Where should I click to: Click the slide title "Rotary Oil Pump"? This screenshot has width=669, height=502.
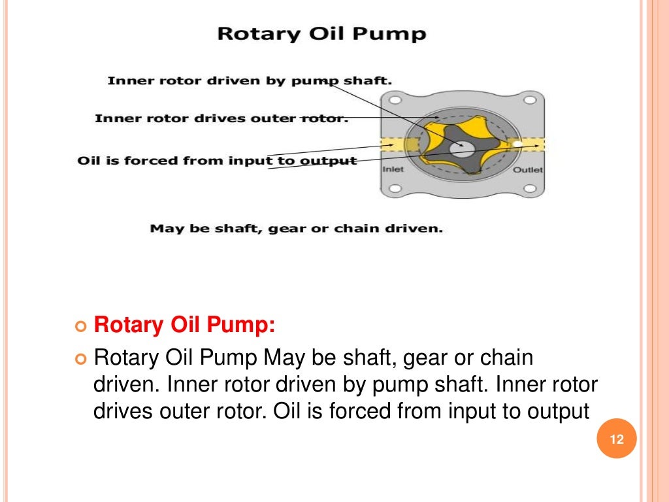pos(321,33)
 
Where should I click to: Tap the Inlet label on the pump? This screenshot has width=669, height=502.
pos(393,169)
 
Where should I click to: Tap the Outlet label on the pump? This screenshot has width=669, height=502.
pos(527,170)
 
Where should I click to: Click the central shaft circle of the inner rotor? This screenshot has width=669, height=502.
pos(462,148)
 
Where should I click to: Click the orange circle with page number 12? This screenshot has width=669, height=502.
pos(617,439)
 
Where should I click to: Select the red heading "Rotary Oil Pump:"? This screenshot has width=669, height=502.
pos(185,325)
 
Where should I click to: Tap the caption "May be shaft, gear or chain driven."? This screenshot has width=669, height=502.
pos(296,229)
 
